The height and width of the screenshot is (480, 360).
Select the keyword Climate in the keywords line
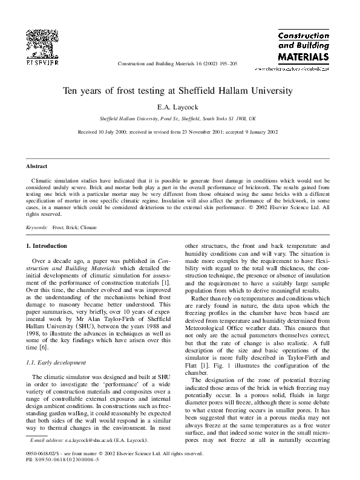click(x=88, y=227)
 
